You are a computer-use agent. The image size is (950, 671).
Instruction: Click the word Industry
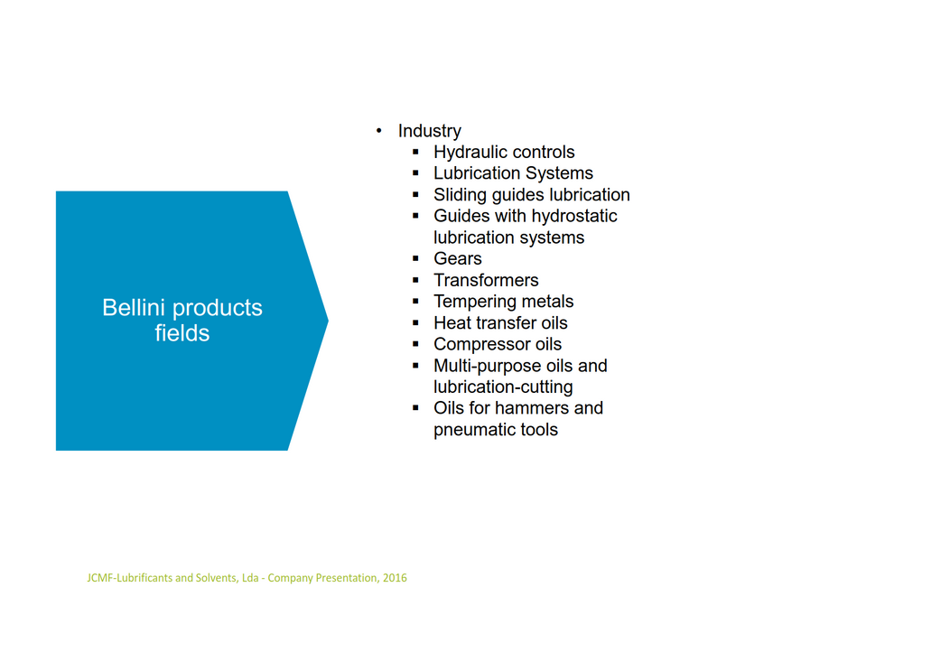point(429,131)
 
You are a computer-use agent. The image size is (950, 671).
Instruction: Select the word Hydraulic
point(469,152)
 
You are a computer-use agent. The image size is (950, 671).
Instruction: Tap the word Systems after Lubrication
point(559,173)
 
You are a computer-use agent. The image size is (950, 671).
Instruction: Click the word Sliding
point(460,195)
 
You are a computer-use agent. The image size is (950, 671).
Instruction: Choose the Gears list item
point(458,259)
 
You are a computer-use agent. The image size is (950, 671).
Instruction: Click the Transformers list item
point(486,280)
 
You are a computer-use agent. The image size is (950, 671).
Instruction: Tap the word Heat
point(450,323)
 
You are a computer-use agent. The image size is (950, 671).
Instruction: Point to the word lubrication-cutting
point(503,387)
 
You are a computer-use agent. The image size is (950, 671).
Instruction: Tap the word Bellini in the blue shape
point(134,308)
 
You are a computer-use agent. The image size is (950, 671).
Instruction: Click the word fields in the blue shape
point(182,333)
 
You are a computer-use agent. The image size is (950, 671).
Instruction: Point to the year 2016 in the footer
point(395,578)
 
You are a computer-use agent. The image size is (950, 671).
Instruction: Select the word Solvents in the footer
point(216,578)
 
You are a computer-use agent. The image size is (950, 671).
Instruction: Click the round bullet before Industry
point(378,131)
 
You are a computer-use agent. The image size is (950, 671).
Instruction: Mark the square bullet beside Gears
point(415,258)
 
